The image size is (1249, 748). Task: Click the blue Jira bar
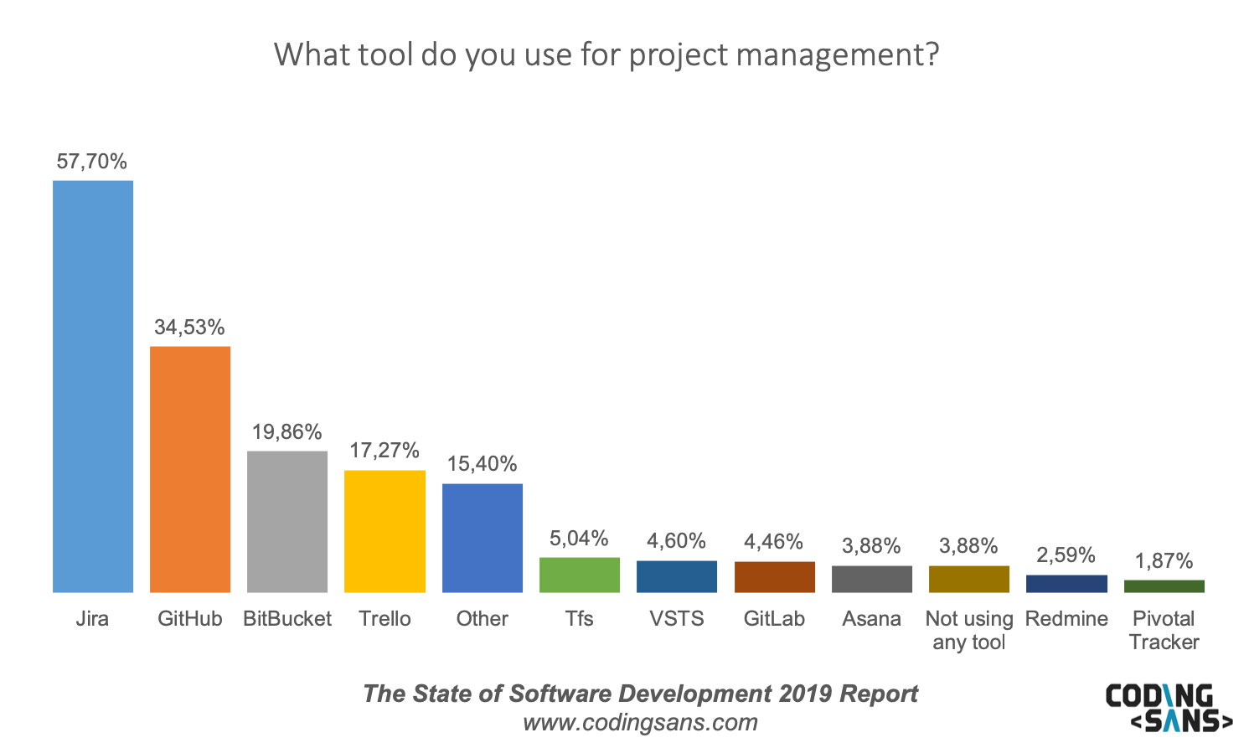point(92,386)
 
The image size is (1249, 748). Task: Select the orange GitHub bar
point(190,469)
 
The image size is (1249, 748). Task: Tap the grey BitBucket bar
point(287,522)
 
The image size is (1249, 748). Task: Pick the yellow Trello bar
point(385,531)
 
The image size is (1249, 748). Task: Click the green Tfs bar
point(580,575)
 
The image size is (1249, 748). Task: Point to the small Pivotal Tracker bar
point(1164,586)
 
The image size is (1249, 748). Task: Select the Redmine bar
point(1066,584)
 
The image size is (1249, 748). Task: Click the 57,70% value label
point(92,161)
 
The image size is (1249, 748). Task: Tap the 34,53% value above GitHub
point(189,327)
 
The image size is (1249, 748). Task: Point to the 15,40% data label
point(482,464)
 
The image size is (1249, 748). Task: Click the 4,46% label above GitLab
point(773,542)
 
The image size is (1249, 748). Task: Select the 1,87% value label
point(1164,560)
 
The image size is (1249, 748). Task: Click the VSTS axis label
point(677,619)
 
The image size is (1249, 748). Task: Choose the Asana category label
point(871,619)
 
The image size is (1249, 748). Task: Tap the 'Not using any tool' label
point(969,630)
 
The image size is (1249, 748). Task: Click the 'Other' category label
point(482,619)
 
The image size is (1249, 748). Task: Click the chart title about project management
point(606,54)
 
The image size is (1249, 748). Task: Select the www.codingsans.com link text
point(640,722)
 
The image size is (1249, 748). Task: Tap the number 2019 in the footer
point(806,694)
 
